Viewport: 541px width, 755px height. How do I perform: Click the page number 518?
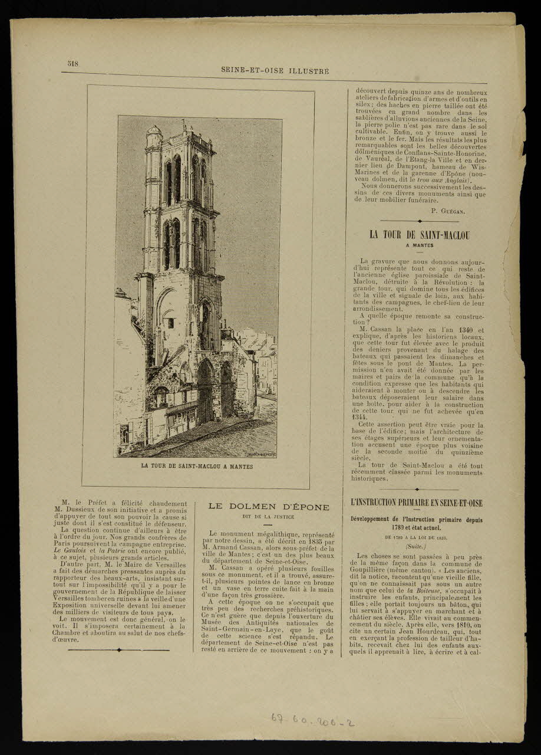73,64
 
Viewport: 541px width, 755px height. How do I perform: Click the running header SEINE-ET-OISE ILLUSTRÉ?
275,71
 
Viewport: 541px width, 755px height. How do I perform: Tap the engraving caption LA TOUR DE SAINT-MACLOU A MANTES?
197,466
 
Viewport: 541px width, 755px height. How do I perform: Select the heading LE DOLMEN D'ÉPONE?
269,506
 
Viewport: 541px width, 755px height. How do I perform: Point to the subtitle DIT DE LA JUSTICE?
268,517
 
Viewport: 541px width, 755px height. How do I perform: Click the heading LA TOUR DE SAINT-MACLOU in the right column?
419,235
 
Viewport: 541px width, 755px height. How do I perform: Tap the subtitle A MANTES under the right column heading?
419,245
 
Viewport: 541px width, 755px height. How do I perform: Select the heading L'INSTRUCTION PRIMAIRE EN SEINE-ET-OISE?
417,503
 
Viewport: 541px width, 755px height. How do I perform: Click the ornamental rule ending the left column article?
119,650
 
